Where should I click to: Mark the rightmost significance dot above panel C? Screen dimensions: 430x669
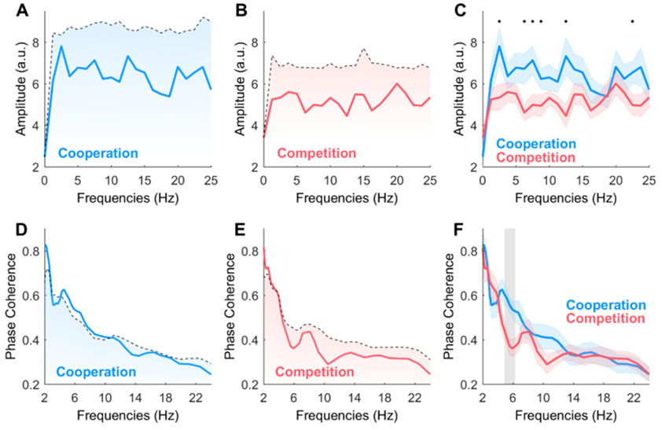click(632, 21)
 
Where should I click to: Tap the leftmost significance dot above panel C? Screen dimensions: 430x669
click(498, 21)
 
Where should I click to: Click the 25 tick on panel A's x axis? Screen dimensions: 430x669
click(211, 180)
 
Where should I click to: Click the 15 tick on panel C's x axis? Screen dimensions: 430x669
click(583, 180)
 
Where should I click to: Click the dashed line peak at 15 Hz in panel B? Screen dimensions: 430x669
click(364, 49)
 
